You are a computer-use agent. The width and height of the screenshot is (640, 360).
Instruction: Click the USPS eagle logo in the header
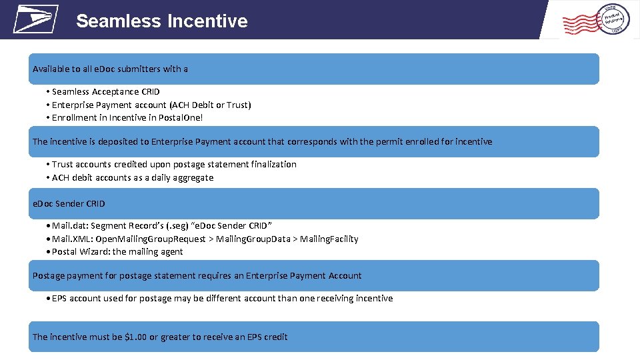[x=35, y=19]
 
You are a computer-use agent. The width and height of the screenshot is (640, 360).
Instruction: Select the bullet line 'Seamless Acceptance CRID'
[x=106, y=92]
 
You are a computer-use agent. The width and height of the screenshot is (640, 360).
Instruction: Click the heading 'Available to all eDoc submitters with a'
[x=111, y=69]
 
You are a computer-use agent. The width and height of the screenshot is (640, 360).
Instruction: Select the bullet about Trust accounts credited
[x=174, y=165]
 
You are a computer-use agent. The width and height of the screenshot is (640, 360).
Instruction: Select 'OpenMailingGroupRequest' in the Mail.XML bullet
[x=151, y=239]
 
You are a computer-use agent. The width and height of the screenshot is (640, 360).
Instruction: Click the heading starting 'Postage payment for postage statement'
[x=197, y=275]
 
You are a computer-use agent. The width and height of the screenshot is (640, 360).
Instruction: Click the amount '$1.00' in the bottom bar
[x=135, y=337]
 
